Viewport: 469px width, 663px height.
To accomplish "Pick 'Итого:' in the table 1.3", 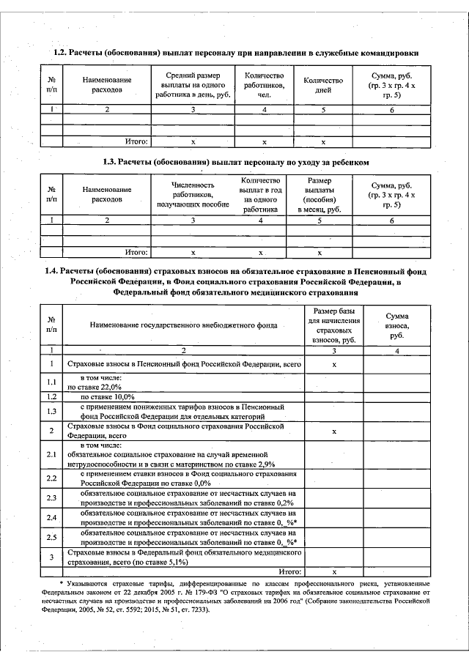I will pos(137,252).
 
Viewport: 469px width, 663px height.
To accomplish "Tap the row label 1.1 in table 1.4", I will pos(52,382).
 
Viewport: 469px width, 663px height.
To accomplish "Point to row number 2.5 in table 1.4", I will pos(52,538).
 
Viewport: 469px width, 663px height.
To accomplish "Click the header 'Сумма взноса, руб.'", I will pos(397,324).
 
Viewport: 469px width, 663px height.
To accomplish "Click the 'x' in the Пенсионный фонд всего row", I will pos(334,364).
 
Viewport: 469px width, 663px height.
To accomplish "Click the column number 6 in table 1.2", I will pos(391,110).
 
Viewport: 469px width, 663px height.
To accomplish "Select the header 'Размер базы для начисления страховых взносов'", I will pos(333,324).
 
